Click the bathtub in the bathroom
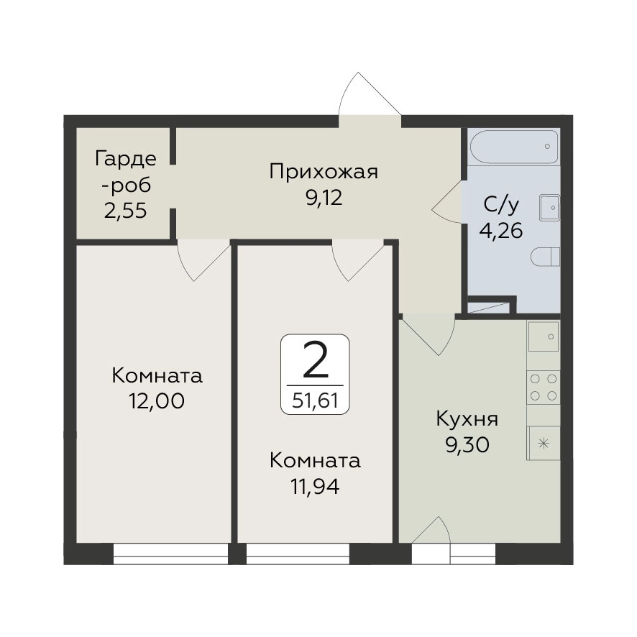point(514,147)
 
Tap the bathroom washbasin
point(549,208)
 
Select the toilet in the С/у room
point(545,257)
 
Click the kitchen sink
point(544,336)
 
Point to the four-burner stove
point(544,387)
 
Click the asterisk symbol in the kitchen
point(543,443)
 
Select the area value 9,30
point(467,445)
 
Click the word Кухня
point(467,419)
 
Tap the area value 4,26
point(501,231)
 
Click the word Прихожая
point(324,173)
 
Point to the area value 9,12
point(324,198)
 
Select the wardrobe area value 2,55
point(125,211)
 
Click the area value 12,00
point(157,401)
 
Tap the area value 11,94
point(315,486)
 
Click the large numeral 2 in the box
point(316,360)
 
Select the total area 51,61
point(315,401)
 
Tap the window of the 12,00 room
point(170,554)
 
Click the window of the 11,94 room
point(298,554)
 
